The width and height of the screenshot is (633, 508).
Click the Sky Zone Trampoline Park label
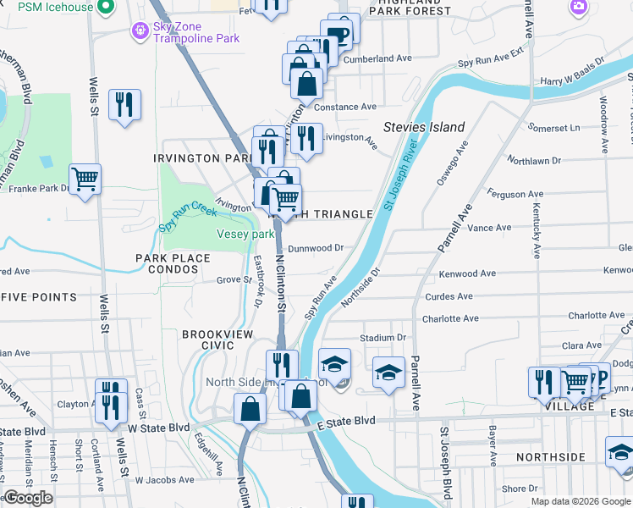195,32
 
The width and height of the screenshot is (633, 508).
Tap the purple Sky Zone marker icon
139,32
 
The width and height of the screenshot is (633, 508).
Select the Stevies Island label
424,127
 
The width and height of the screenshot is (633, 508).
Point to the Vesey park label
245,234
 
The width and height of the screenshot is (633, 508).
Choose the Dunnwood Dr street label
315,248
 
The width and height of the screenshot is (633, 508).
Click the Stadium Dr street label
383,337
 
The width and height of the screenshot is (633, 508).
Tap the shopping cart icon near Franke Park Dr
85,179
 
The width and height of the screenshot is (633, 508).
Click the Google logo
28,498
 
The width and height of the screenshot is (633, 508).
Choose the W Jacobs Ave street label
166,480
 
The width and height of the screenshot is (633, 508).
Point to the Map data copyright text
580,501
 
